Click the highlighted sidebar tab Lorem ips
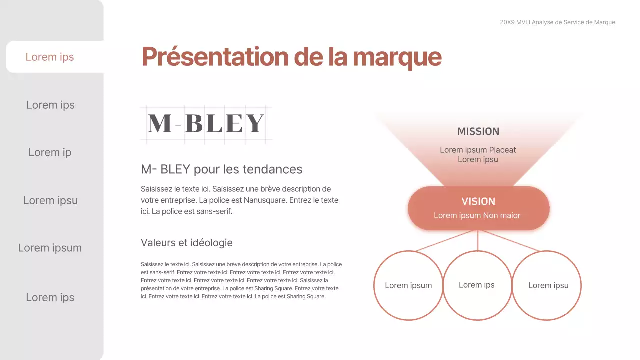click(x=50, y=57)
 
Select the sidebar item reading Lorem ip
click(x=50, y=152)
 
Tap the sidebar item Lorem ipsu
click(x=50, y=200)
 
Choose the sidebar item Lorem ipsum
click(x=50, y=248)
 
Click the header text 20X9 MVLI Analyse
click(x=530, y=22)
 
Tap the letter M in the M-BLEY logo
click(x=160, y=123)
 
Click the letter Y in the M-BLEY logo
click(x=255, y=123)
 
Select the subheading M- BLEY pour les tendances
click(x=221, y=169)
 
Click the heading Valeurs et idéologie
click(x=186, y=243)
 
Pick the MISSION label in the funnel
click(x=478, y=131)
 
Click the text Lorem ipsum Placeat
click(x=478, y=150)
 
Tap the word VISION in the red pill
click(x=478, y=201)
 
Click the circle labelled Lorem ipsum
click(x=408, y=285)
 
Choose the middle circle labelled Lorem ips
click(x=477, y=285)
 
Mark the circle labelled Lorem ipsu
click(x=548, y=285)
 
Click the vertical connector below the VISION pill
click(x=478, y=240)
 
